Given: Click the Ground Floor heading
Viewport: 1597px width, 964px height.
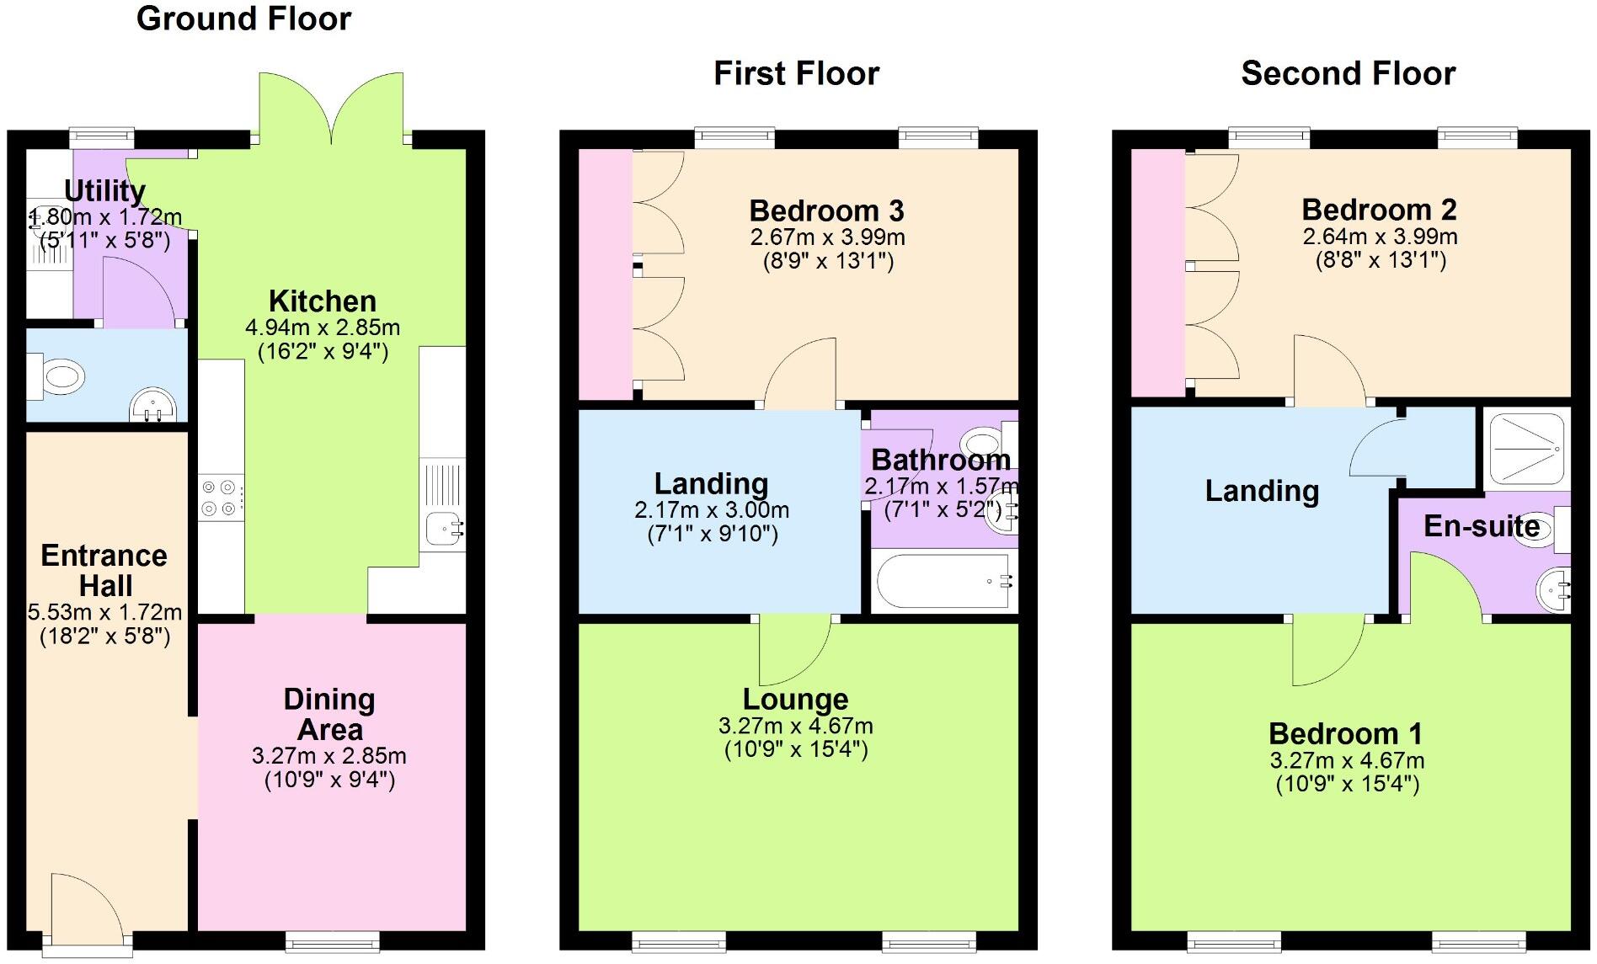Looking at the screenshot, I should [x=243, y=19].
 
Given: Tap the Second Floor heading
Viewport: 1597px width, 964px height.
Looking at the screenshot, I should [x=1348, y=74].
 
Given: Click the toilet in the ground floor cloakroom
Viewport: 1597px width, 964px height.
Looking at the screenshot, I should [x=58, y=376].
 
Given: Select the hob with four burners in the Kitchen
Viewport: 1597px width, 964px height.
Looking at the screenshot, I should [x=221, y=497].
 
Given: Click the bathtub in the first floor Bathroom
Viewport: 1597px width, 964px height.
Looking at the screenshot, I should [x=943, y=581].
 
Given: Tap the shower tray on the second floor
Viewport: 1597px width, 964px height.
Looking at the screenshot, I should [x=1526, y=447].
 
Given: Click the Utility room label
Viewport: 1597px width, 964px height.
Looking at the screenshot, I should [x=104, y=192].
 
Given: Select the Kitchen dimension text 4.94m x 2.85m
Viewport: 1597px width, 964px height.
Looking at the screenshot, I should [x=323, y=328].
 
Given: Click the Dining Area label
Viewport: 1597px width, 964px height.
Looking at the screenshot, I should [x=329, y=714].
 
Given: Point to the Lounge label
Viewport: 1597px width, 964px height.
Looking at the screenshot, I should [x=795, y=700].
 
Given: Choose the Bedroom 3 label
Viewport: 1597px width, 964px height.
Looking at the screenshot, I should [x=826, y=210].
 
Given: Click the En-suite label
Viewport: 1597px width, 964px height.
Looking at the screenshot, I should [x=1482, y=526].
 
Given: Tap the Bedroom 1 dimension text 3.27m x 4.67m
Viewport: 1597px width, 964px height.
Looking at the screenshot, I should [x=1347, y=761].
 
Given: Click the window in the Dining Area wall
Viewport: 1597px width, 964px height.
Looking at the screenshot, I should [x=332, y=938].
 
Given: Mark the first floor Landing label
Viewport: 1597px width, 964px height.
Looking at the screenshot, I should [x=711, y=484].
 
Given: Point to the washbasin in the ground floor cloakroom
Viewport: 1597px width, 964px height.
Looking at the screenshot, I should [x=153, y=404].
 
